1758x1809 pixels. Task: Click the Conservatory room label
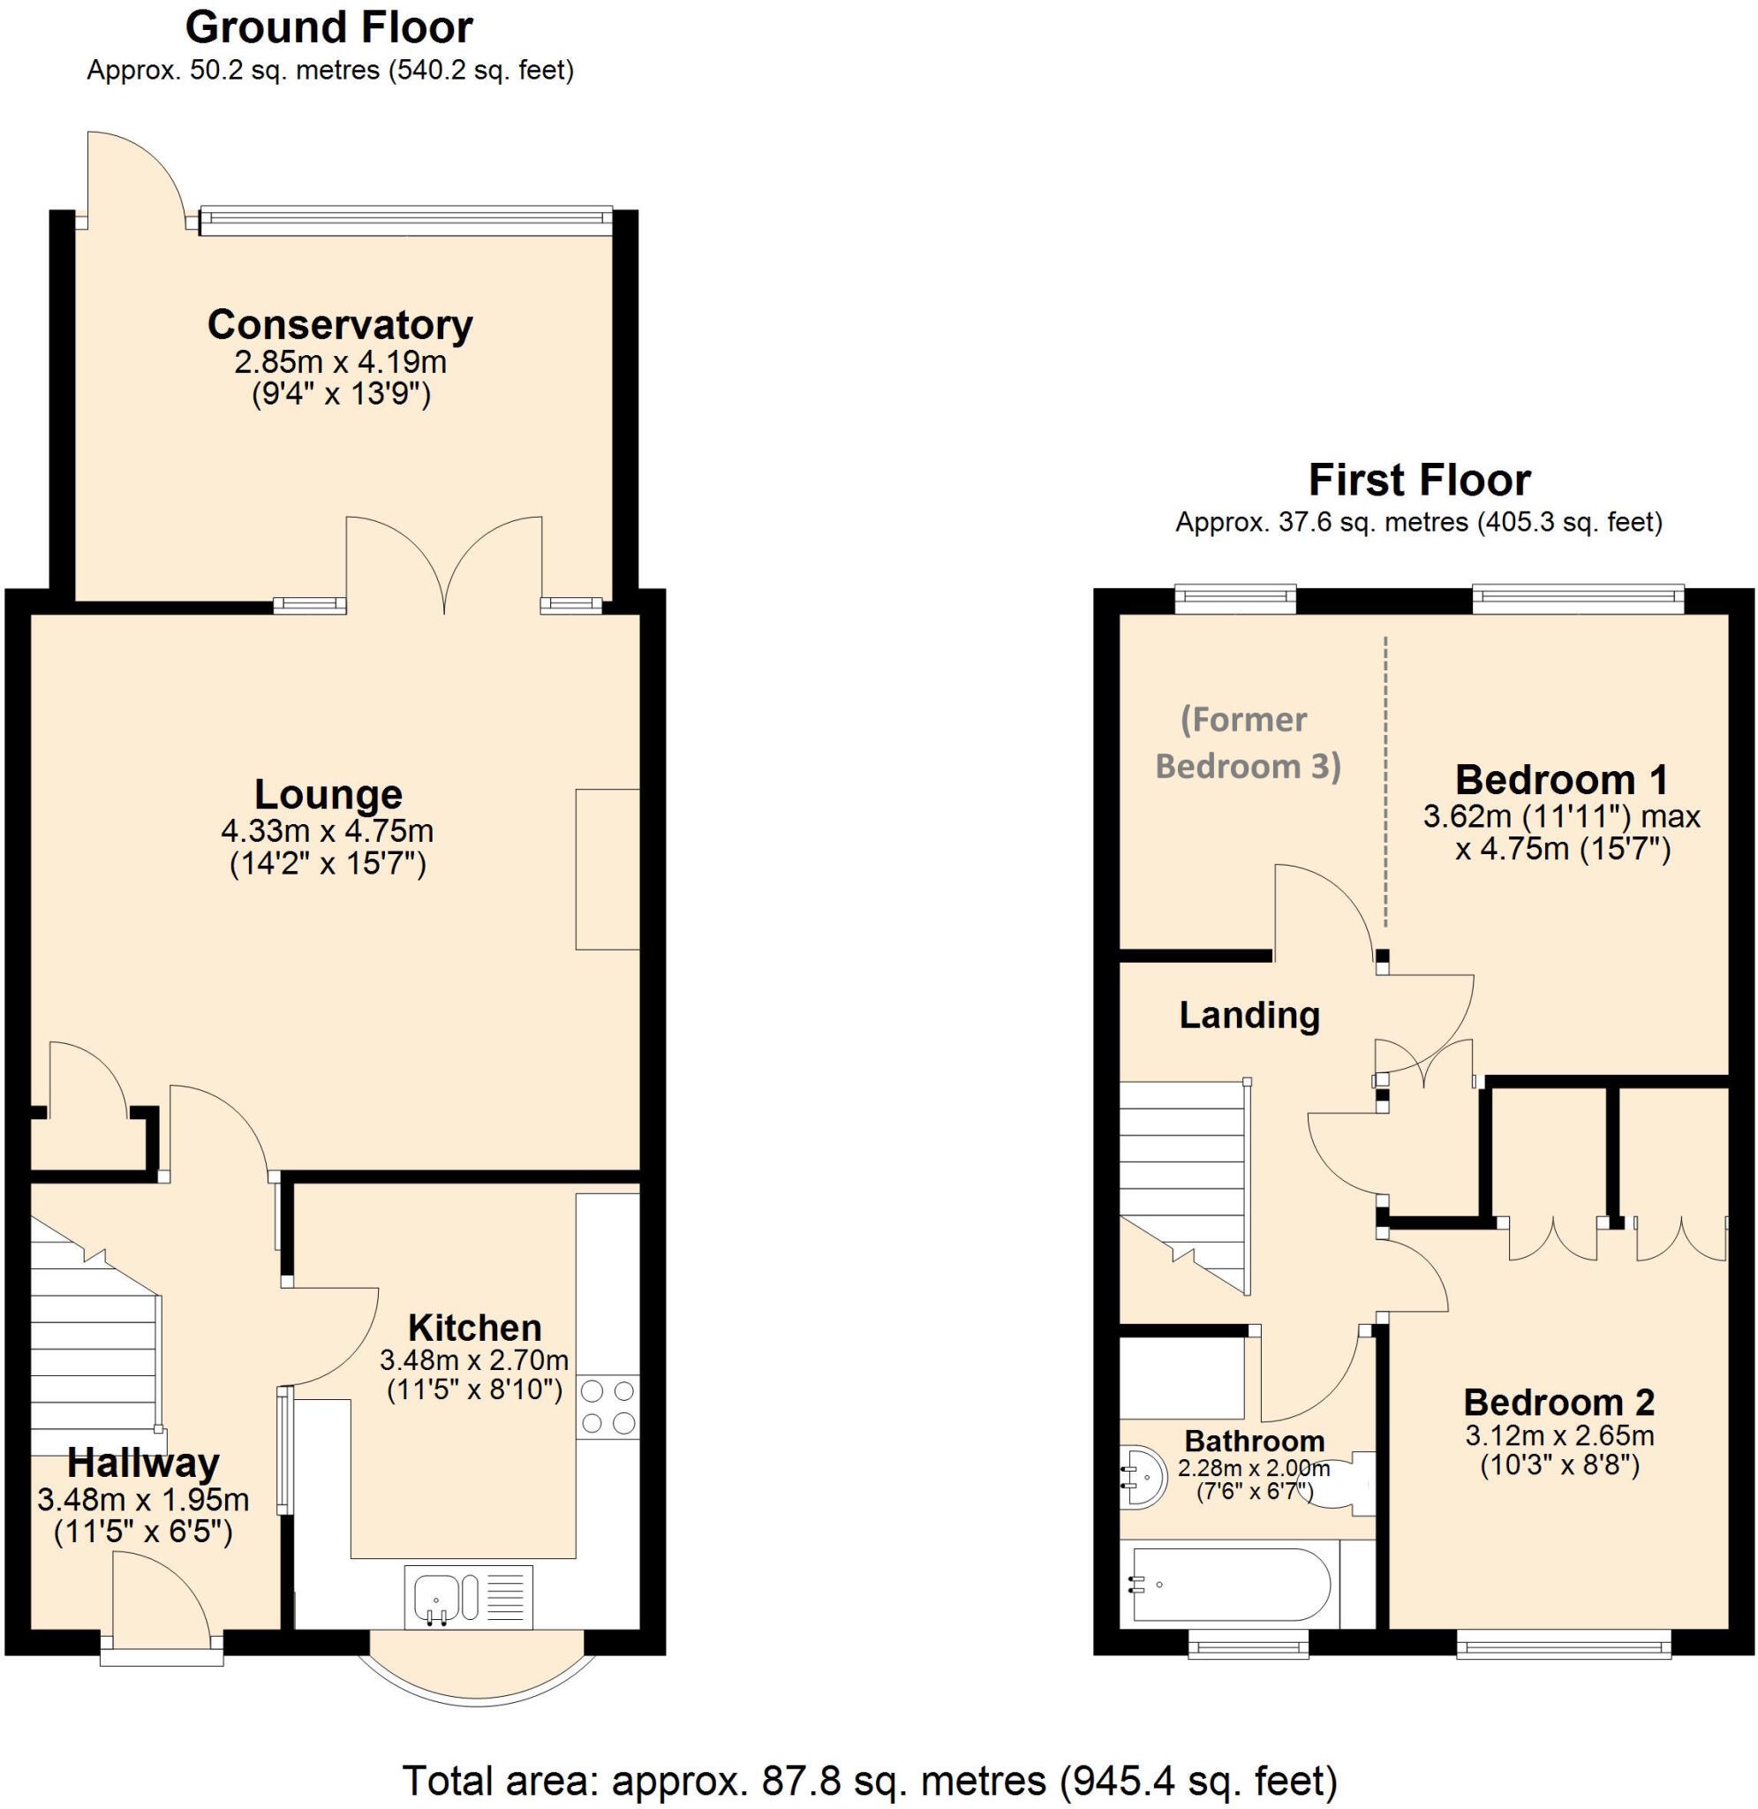point(340,325)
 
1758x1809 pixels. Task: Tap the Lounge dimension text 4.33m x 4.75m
point(327,831)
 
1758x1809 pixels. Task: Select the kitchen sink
point(468,1597)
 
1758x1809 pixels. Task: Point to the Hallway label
point(143,1463)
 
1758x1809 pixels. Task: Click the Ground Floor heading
point(328,27)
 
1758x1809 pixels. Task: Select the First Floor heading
point(1419,481)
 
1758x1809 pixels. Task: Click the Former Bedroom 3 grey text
point(1247,743)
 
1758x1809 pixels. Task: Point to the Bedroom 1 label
point(1561,779)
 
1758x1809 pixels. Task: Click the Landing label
point(1249,1016)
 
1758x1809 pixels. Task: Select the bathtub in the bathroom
point(1228,1584)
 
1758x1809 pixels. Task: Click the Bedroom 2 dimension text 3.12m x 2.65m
point(1558,1436)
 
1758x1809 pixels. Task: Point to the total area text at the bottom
point(870,1779)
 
